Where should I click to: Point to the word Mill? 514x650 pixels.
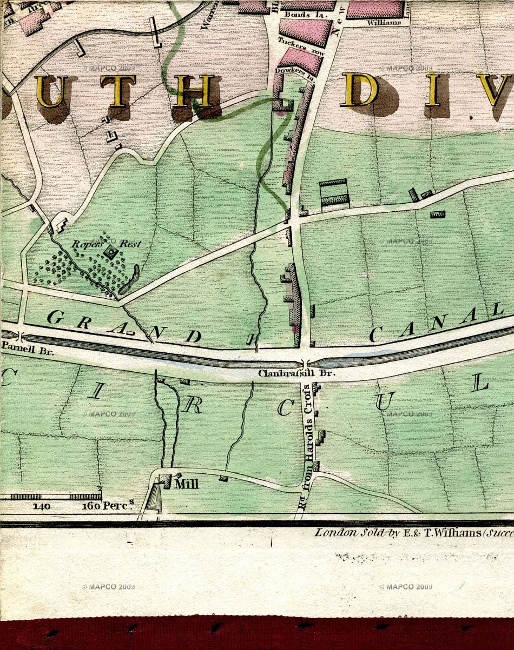coord(186,485)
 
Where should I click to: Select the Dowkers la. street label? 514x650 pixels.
coord(292,71)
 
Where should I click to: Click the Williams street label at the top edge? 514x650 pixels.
coord(384,23)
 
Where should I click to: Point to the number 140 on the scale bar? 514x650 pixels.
coord(42,506)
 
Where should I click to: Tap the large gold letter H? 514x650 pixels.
coord(194,91)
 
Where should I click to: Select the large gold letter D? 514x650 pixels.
coord(360,89)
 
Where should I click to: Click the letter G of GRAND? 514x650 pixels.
coord(54,318)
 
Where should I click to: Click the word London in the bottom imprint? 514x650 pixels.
coord(336,532)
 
